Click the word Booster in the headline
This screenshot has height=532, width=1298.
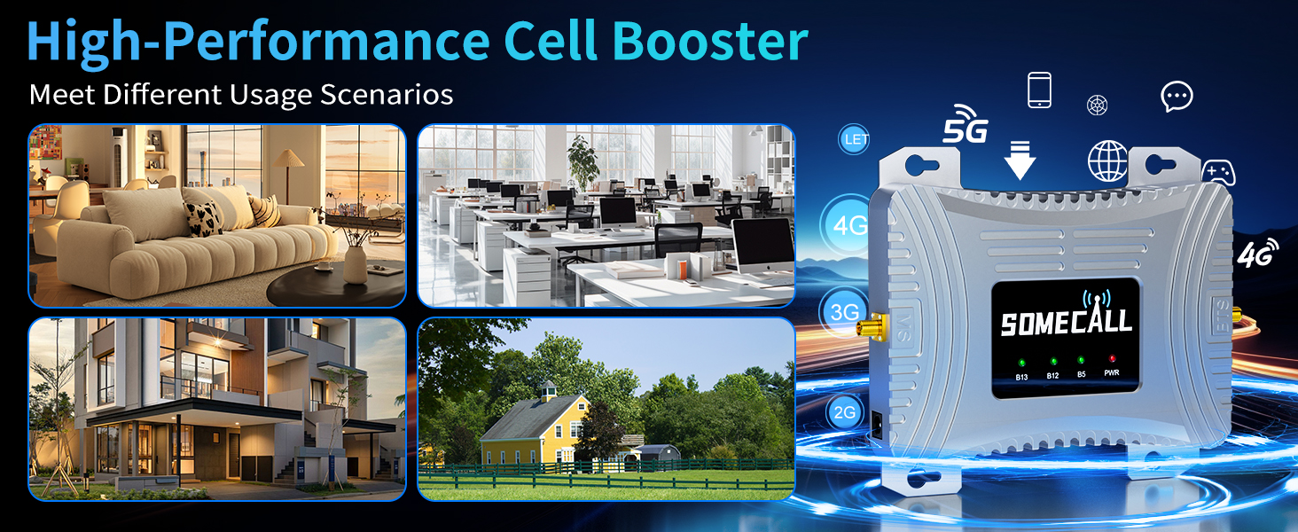click(x=710, y=41)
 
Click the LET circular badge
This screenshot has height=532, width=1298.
click(x=854, y=139)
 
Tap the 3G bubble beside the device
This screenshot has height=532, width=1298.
click(x=844, y=312)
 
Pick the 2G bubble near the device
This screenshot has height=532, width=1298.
click(x=844, y=412)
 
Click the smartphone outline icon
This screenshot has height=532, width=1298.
click(x=1040, y=90)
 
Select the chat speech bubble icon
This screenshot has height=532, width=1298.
click(x=1177, y=96)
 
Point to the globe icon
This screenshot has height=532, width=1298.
click(x=1108, y=161)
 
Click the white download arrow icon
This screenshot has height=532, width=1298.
click(x=1020, y=160)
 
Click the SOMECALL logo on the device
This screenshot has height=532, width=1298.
click(x=1067, y=317)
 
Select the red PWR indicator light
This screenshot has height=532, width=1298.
click(x=1112, y=359)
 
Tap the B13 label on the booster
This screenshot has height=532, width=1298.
click(x=1021, y=377)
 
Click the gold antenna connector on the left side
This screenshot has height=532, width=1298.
click(x=871, y=326)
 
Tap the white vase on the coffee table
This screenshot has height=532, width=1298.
click(x=356, y=265)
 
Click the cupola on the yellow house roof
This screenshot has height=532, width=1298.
click(x=548, y=392)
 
